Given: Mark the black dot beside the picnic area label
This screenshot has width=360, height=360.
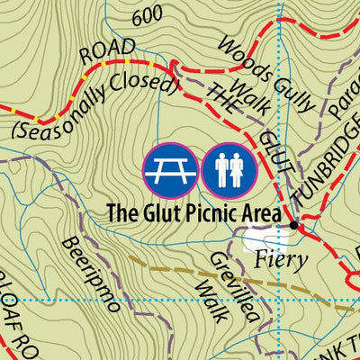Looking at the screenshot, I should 292,225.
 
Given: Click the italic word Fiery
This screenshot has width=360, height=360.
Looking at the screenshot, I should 282,260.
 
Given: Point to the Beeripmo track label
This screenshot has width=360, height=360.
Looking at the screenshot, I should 91,274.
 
